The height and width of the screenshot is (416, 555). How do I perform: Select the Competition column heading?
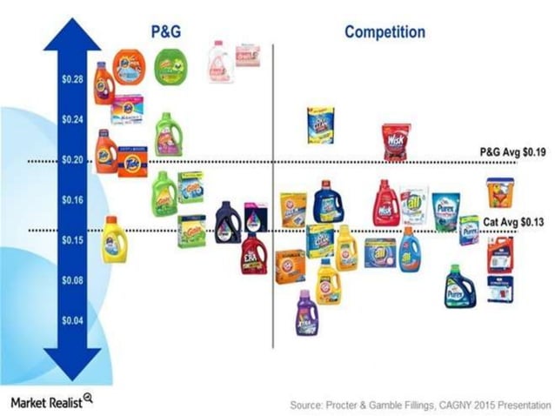(x=384, y=32)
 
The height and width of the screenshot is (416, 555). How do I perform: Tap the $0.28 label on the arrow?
(x=72, y=80)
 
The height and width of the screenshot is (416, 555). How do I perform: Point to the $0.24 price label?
(x=72, y=120)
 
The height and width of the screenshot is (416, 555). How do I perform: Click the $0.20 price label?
(x=72, y=160)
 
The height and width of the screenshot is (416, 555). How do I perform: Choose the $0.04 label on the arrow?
(x=72, y=320)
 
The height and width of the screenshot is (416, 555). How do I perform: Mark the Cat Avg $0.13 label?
(x=513, y=222)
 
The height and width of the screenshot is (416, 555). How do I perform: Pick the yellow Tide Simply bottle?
(x=114, y=240)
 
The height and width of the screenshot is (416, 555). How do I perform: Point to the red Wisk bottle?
(x=385, y=205)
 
